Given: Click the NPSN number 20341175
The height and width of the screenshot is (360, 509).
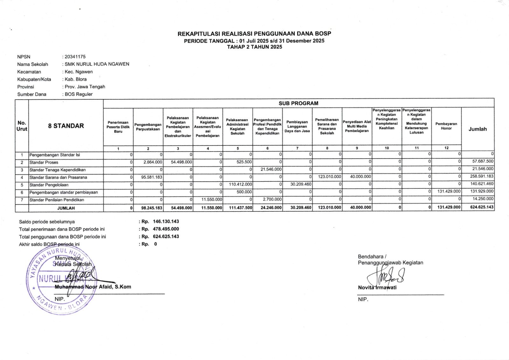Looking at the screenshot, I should [x=75, y=57].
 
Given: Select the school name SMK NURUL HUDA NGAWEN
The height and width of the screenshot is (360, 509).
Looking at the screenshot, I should [x=97, y=64].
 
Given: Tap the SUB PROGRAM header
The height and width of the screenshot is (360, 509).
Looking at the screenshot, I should [x=298, y=103].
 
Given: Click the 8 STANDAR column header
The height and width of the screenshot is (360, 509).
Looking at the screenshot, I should [x=66, y=126].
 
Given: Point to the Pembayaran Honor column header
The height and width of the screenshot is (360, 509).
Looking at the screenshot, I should [x=446, y=126].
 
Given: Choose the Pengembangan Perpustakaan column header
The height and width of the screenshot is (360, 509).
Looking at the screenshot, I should [x=148, y=127].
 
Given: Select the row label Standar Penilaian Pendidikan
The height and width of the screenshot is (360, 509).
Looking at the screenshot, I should [x=57, y=200].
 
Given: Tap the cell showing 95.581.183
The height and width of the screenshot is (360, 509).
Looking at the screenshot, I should [x=152, y=177].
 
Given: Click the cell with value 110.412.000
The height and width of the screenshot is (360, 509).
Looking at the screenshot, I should [x=240, y=184].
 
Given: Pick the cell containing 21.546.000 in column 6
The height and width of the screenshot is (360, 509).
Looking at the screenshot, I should [x=271, y=169].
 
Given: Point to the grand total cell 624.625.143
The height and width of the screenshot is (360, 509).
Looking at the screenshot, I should [x=482, y=207].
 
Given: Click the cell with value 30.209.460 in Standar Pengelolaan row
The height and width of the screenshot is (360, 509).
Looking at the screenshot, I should [x=301, y=184].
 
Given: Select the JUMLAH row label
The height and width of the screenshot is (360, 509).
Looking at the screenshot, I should [x=66, y=208].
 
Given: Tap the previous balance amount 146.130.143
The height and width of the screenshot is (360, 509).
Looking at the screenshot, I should [x=166, y=221].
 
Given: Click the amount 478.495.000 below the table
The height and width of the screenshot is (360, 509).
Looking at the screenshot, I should [x=166, y=229].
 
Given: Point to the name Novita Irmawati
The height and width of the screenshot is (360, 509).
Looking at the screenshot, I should [x=377, y=287].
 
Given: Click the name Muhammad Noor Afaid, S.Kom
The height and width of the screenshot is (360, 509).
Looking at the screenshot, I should [x=93, y=287].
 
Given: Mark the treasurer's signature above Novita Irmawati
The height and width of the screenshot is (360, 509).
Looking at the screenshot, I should [x=387, y=276].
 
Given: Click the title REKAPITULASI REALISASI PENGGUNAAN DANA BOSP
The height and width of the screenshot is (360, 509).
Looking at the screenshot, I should [x=254, y=33].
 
